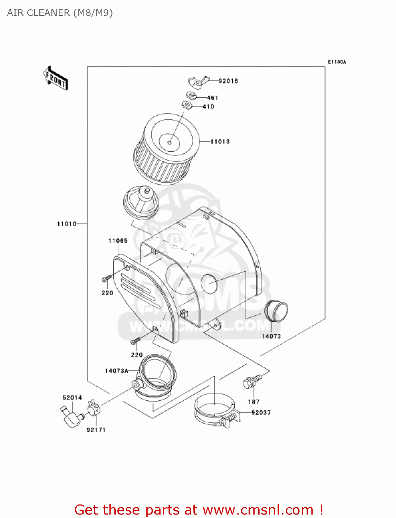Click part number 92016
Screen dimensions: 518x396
coord(228,81)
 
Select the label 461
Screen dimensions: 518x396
coord(212,98)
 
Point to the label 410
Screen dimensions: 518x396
coord(209,107)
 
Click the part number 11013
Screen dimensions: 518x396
coord(220,142)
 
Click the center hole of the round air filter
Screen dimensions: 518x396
coord(170,142)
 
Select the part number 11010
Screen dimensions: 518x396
coord(67,224)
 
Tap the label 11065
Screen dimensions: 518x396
coord(118,241)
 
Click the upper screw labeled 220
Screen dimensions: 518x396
coord(106,278)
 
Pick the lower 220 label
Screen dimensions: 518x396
coord(137,355)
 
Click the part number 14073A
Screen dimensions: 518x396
coord(116,371)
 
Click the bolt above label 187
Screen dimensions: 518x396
coord(252,381)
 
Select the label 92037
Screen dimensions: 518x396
coord(261,413)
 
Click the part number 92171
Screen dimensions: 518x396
coord(96,430)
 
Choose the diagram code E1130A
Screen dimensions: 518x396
coord(337,62)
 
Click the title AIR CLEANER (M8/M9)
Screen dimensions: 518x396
coord(60,13)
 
